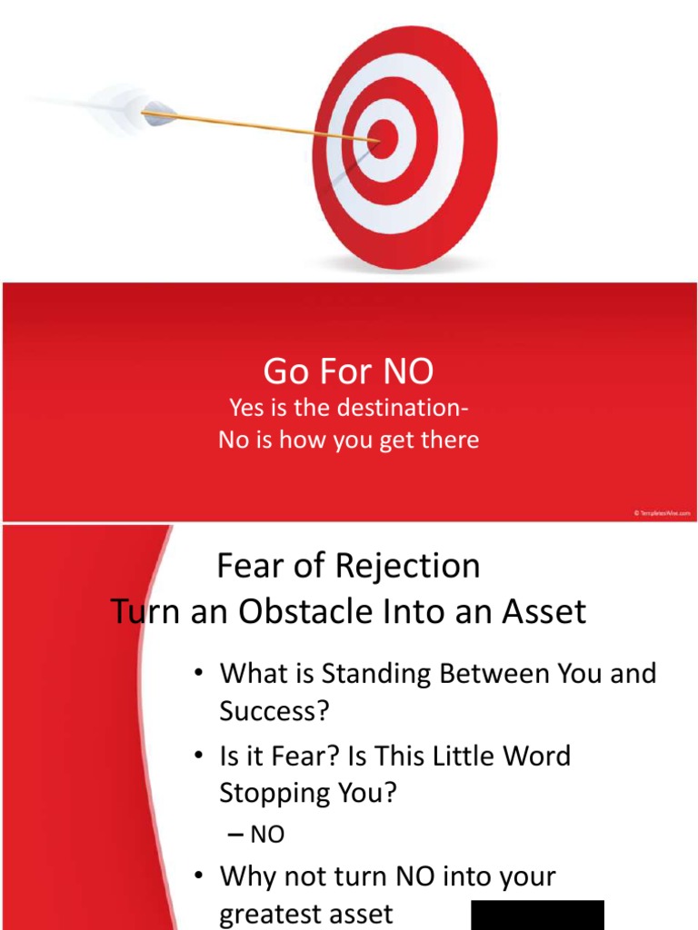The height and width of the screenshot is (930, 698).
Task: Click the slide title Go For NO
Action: [x=349, y=371]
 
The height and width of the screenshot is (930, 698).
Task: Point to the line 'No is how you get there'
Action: [x=349, y=440]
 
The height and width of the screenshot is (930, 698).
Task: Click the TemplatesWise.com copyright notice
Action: [x=663, y=513]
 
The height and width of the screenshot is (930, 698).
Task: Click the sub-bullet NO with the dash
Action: [x=266, y=835]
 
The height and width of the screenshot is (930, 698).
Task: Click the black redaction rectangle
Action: [x=537, y=915]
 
